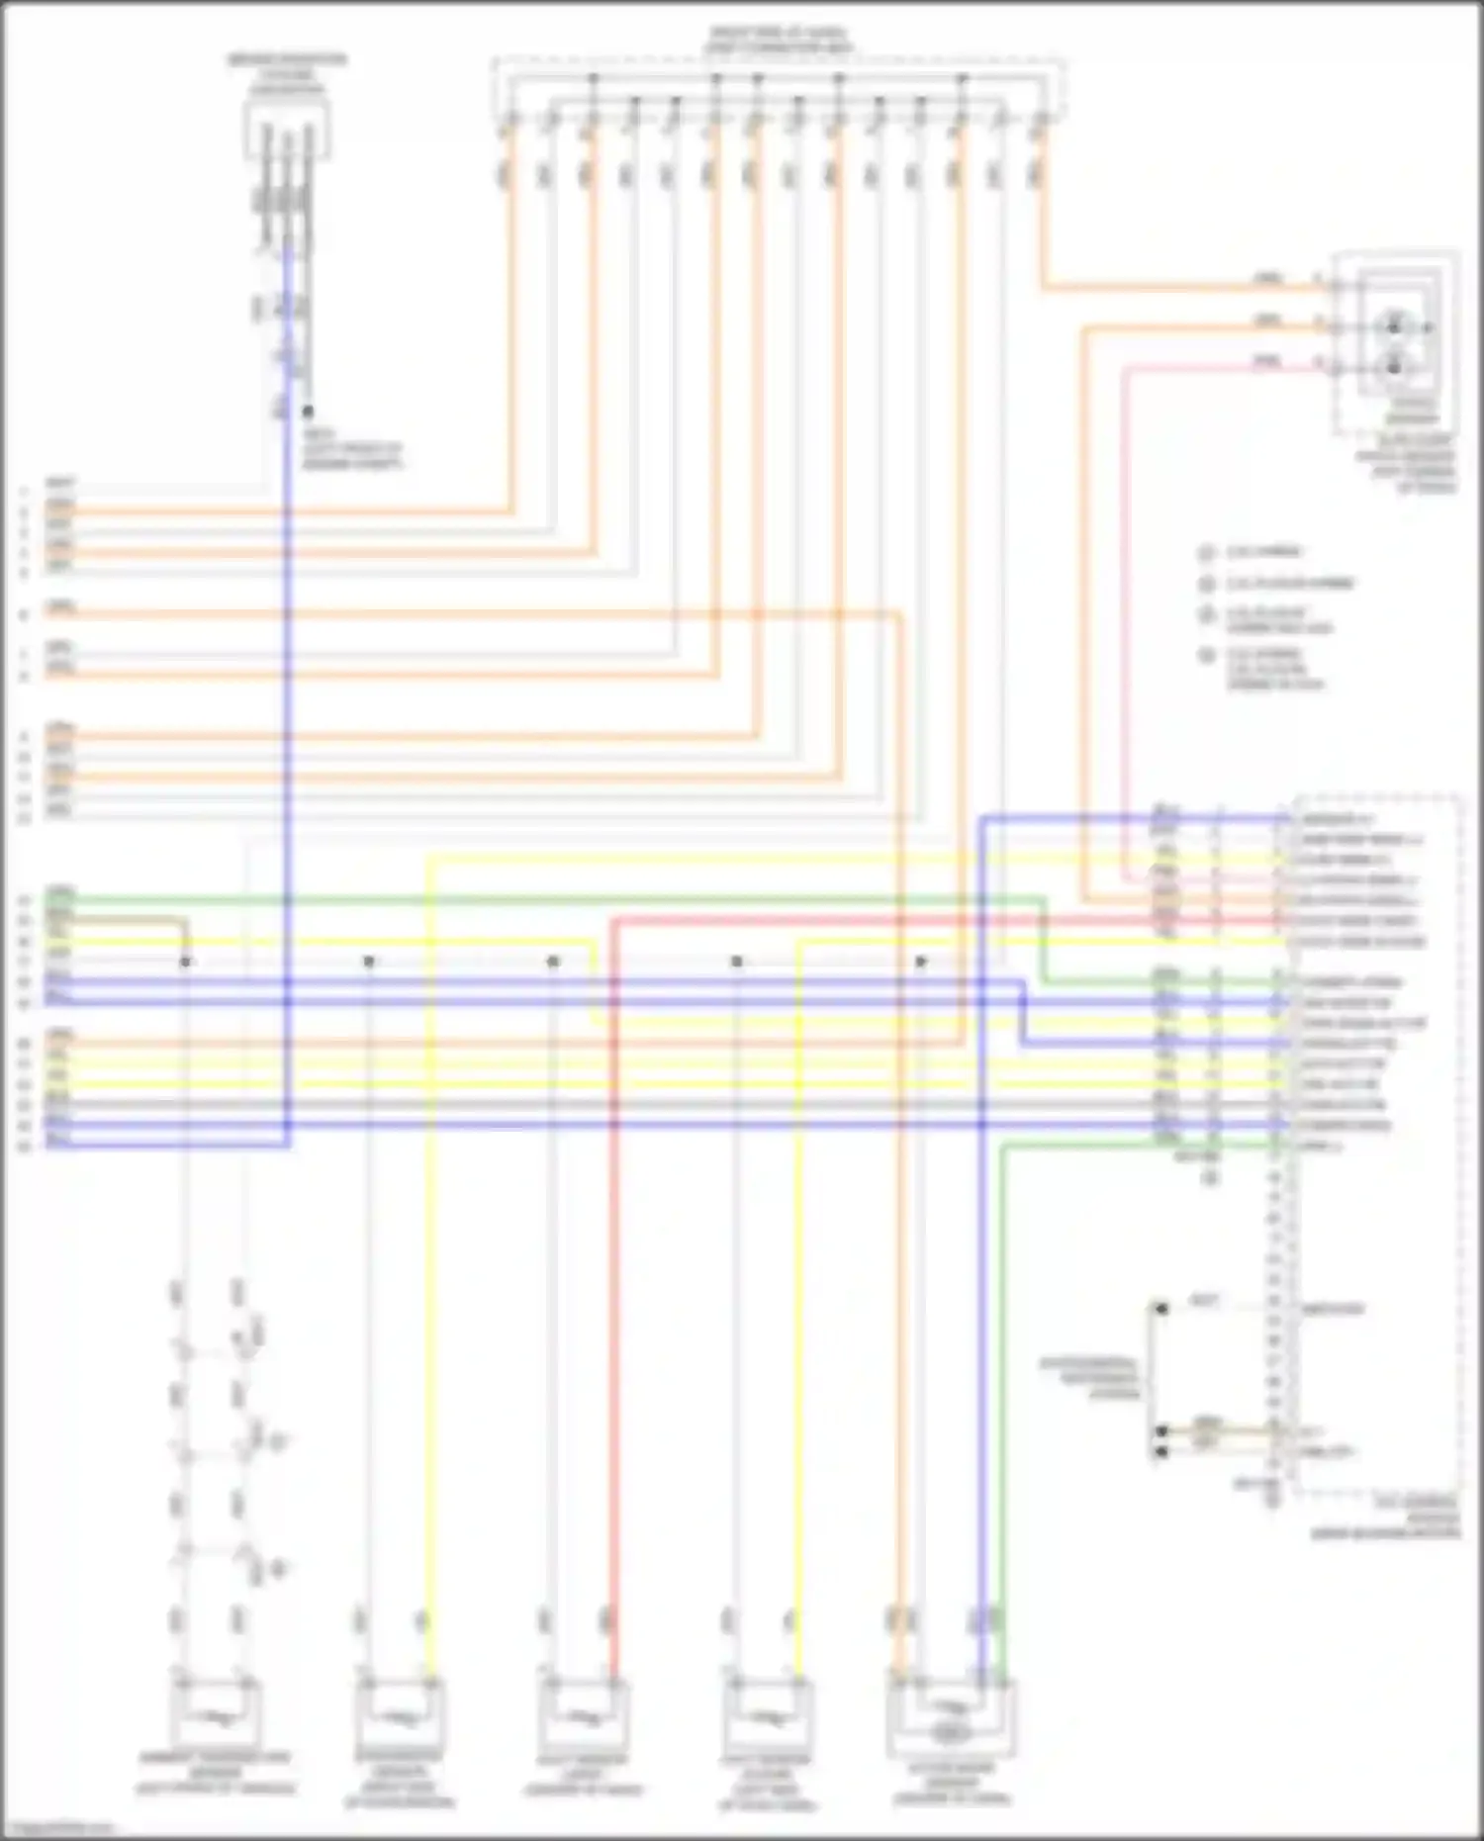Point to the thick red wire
coord(613,1286)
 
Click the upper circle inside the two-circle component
coord(1394,325)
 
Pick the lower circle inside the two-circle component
coord(1394,367)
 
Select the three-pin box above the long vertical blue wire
coord(287,129)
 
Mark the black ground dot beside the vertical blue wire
coord(309,411)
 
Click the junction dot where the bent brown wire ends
coord(185,962)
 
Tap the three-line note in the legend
coord(1276,669)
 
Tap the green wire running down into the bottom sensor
coord(1001,1385)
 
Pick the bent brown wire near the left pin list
coord(129,920)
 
